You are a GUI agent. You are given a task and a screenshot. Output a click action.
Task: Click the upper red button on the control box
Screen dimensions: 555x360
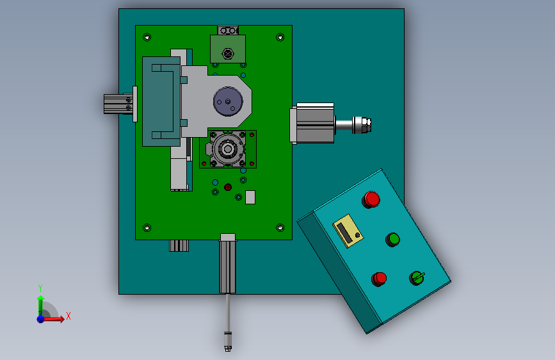click(x=371, y=199)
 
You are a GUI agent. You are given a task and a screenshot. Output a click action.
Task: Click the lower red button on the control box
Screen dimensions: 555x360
click(x=379, y=279)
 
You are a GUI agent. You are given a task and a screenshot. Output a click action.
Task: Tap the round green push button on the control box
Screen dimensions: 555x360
click(x=392, y=240)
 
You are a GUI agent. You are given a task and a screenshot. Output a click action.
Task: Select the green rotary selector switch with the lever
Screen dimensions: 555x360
click(x=417, y=278)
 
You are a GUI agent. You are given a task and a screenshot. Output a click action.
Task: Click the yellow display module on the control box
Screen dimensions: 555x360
click(x=348, y=231)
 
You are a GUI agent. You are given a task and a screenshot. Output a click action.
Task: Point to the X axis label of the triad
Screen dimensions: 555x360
click(x=68, y=316)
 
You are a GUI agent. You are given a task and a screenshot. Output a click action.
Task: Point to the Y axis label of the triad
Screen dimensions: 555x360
click(x=40, y=288)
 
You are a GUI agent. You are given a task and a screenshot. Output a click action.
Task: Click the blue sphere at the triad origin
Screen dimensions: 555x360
click(x=41, y=319)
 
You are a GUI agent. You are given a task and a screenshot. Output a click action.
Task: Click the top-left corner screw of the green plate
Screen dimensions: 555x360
click(x=147, y=37)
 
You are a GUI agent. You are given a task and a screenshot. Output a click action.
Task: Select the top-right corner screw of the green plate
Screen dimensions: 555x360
click(x=280, y=37)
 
